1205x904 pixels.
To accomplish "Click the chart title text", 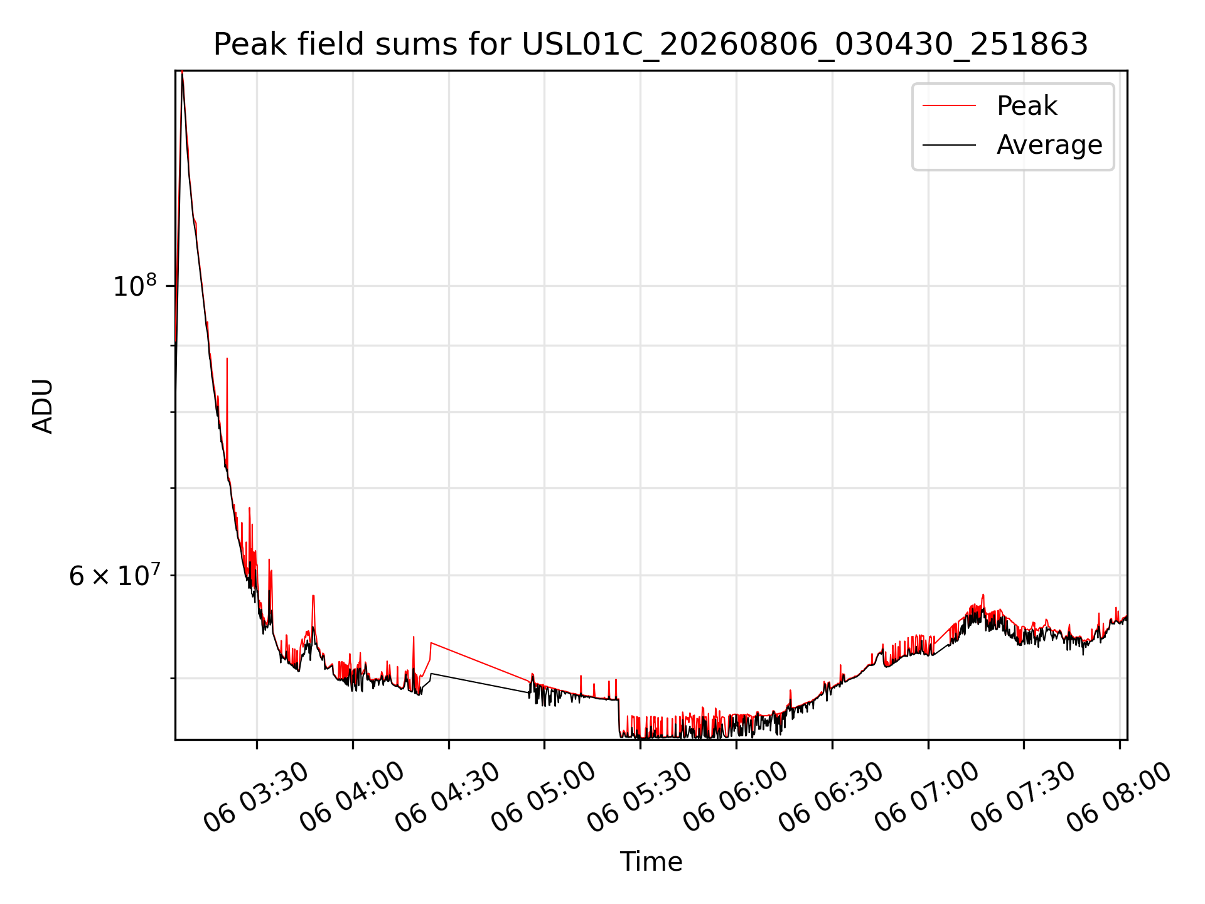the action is [x=651, y=45].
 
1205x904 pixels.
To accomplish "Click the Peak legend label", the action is [x=1027, y=106].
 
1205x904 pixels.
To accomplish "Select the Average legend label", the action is [x=1049, y=145].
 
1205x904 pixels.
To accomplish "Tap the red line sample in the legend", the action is [x=949, y=106].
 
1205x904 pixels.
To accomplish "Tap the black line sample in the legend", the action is [x=949, y=145].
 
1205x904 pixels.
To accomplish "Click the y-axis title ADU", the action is [x=43, y=406].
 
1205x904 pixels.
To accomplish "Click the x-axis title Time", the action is [x=651, y=861].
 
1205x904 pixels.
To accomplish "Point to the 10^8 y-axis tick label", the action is [x=134, y=286].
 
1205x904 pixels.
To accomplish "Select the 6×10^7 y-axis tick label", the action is [x=113, y=575].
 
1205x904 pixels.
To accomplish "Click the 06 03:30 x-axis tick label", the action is [x=256, y=796].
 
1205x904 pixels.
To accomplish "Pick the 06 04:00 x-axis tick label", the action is [x=352, y=796].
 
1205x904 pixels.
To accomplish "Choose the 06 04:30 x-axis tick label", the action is [x=448, y=796].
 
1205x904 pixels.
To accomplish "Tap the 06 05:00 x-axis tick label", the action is [x=544, y=796].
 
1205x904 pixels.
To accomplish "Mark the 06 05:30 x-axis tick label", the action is [x=640, y=796].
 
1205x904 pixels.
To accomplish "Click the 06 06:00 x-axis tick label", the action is [x=736, y=796].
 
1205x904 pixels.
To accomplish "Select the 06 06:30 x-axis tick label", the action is [x=832, y=796].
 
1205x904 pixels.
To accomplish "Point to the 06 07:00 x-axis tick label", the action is [x=928, y=796].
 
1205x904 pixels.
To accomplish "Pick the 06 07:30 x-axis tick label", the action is [x=1024, y=796].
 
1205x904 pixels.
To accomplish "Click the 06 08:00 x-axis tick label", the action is [x=1120, y=796].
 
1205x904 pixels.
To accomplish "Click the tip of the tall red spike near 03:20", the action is [x=227, y=358].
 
